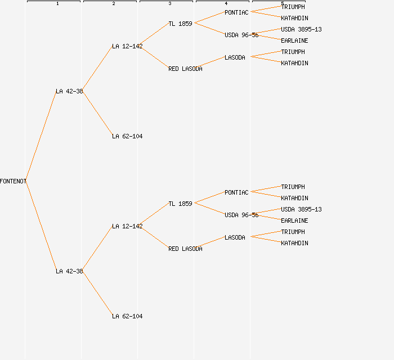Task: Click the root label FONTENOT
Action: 13,181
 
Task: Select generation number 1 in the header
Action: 57,4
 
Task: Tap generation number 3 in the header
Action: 169,4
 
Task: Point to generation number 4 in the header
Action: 226,4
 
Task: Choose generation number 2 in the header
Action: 113,4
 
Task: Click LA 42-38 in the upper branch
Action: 69,91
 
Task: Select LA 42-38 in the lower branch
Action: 69,271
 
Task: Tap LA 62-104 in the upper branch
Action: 127,136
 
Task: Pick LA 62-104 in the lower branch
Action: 127,316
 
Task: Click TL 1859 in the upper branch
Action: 180,24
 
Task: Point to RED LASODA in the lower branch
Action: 185,249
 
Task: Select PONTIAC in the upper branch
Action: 236,12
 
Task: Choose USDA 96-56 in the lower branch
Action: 241,215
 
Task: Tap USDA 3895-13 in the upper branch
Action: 301,29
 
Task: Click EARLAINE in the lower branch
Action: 294,220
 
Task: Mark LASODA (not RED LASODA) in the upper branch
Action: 235,57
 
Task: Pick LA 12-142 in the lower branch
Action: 127,226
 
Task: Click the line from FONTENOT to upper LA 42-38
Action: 41,136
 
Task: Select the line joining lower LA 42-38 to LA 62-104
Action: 97,294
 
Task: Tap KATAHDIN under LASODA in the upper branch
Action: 294,63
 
